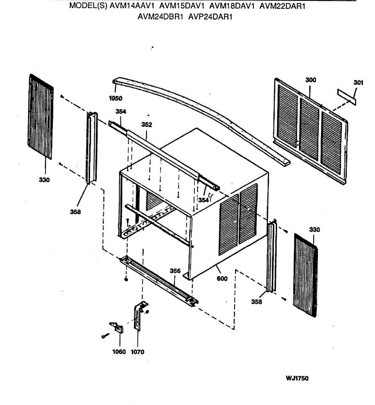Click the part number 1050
coord(115,99)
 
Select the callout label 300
coord(311,80)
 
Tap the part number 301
coord(358,83)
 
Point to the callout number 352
coord(146,125)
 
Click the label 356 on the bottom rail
coord(175,271)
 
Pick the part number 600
coord(222,278)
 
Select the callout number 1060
coord(119,352)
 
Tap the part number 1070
coord(137,352)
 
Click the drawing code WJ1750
coord(297,378)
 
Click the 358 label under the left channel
coord(75,212)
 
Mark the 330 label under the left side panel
coord(44,180)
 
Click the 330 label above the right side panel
coord(314,230)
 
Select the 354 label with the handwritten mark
coord(204,200)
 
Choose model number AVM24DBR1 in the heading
coord(160,17)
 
